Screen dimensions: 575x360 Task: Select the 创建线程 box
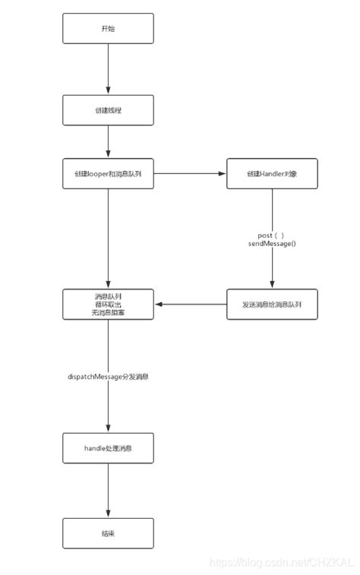108,110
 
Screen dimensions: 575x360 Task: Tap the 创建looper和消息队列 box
108,174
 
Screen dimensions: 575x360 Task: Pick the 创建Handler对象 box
272,174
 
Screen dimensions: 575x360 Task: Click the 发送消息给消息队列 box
272,304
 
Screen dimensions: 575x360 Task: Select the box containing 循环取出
108,304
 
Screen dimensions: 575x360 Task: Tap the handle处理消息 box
108,448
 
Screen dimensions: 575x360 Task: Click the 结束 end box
108,534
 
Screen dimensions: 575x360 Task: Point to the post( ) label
271,235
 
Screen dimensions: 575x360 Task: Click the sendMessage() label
271,245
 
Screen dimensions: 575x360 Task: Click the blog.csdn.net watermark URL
281,563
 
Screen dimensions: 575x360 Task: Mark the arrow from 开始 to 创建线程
108,68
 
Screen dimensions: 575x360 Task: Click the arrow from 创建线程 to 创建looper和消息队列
108,142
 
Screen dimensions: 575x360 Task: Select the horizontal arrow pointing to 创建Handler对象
190,174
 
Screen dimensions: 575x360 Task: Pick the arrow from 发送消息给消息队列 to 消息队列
190,304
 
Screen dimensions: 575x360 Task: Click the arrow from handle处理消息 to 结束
108,491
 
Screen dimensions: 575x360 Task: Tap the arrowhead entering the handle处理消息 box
108,429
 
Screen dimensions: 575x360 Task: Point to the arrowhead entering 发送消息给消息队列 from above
272,285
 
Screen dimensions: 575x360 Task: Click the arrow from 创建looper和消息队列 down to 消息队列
108,239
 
